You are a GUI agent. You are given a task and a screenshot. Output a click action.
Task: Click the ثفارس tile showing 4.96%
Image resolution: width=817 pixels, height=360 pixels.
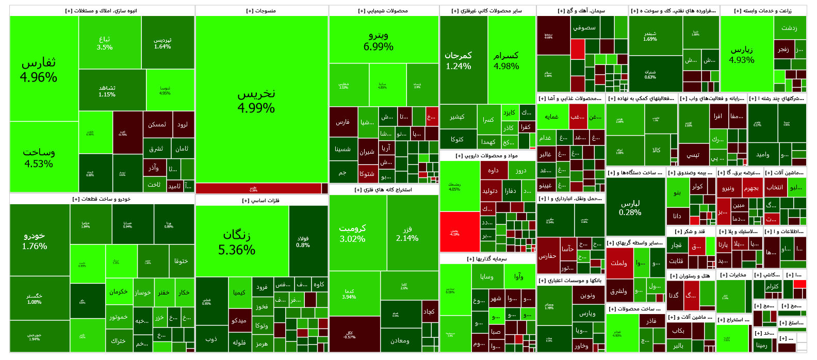(39, 70)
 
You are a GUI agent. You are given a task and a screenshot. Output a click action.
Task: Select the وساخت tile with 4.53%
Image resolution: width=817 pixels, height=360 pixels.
(39, 157)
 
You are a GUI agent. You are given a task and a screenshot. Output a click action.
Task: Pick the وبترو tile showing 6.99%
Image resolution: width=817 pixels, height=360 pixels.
(379, 40)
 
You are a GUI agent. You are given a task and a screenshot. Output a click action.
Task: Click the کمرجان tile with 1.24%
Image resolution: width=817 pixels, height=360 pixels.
(458, 60)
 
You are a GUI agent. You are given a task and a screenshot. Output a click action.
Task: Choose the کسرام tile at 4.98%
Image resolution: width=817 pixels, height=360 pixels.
(506, 60)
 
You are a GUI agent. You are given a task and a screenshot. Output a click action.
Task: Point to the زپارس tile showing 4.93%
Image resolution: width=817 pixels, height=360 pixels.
(742, 54)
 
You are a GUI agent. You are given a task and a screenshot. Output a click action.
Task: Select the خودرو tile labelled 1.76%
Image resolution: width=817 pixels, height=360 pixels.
(35, 240)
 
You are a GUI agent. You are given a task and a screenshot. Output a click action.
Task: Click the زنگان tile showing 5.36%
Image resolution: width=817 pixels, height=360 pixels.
(237, 242)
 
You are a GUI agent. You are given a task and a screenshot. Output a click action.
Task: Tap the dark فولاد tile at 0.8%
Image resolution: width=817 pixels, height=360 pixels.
(303, 241)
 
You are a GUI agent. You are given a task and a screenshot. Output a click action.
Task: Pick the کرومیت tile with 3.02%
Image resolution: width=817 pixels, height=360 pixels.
(352, 233)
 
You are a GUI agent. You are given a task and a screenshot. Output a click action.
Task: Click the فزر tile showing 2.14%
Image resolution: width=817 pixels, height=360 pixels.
(407, 233)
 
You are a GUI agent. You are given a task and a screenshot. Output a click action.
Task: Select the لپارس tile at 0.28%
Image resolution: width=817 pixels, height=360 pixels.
(630, 207)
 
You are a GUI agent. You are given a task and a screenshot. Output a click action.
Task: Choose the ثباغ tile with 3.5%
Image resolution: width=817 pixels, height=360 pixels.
(105, 43)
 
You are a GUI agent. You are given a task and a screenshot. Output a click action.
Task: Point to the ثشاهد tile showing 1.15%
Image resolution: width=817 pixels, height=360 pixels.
(107, 91)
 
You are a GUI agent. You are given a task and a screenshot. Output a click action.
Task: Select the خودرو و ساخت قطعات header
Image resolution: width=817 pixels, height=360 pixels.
(102, 199)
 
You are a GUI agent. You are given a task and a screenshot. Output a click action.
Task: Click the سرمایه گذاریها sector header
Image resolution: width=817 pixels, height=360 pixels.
(487, 259)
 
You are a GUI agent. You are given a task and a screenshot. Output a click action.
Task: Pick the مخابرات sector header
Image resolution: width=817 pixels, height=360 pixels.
(733, 275)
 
